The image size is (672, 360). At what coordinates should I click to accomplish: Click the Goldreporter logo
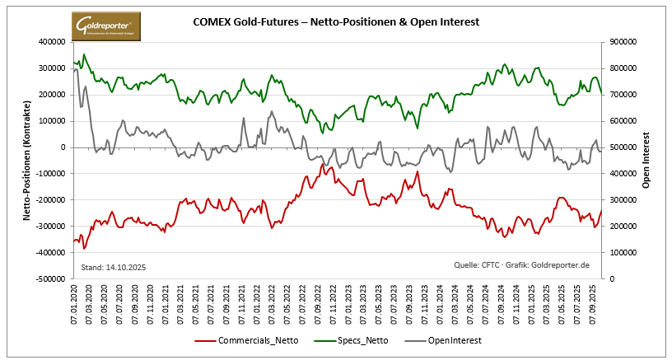(106, 27)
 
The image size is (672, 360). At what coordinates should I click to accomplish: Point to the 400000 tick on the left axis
(52, 42)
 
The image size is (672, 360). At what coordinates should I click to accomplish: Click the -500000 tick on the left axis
(50, 279)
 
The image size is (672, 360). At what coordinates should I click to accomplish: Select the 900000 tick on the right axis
(623, 42)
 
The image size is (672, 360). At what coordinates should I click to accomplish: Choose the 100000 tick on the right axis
(623, 253)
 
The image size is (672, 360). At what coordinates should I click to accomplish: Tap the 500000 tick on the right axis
(623, 147)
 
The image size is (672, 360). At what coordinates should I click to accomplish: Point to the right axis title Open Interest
(647, 161)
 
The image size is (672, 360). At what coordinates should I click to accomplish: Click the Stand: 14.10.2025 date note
(114, 268)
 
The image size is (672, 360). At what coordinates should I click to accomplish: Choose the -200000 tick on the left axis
(50, 200)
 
